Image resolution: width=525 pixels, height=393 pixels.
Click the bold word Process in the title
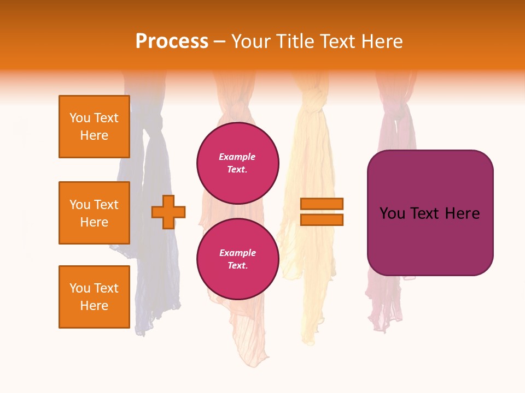[172, 41]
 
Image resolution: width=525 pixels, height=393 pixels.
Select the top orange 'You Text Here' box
[94, 127]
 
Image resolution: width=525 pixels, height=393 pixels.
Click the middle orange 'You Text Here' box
[94, 213]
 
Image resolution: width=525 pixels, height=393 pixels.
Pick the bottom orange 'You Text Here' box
[94, 297]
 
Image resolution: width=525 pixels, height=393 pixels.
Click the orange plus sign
[168, 212]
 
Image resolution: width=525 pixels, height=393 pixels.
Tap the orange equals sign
[322, 212]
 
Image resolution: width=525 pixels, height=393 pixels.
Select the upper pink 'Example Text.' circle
[238, 163]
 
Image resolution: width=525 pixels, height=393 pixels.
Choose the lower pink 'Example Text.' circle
[238, 259]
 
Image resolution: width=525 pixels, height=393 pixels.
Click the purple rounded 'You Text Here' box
[430, 213]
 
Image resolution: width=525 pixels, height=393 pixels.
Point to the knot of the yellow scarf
[312, 102]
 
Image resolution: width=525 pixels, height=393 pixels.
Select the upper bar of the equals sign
[322, 204]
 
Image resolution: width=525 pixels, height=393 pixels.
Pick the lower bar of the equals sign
[322, 219]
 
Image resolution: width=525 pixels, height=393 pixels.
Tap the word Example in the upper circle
[237, 157]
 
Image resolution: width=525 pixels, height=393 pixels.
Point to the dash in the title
[219, 42]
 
